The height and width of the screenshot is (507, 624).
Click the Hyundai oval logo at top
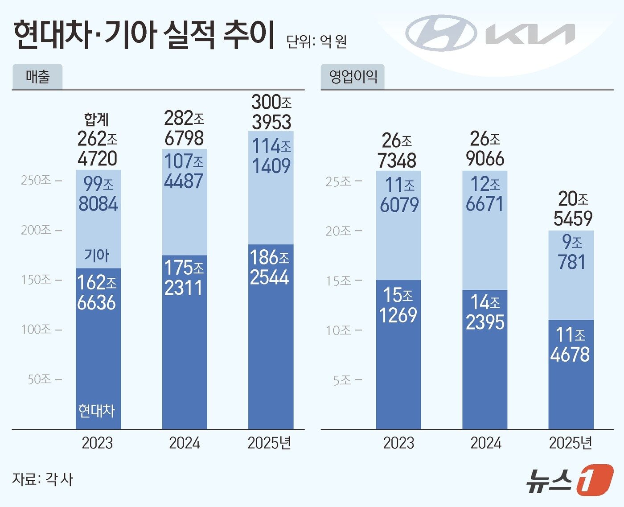(440, 33)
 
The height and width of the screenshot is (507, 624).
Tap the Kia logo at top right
(530, 34)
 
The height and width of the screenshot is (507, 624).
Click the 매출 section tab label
(37, 77)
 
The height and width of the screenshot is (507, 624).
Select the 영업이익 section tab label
(353, 77)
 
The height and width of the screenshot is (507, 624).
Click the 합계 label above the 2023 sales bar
(97, 119)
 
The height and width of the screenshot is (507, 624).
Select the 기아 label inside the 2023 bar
(97, 256)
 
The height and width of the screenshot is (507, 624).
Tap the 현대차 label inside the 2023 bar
(97, 410)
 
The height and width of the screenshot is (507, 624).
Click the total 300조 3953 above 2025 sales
(271, 112)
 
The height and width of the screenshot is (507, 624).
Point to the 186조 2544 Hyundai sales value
(270, 267)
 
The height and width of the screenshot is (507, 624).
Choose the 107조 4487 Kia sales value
(184, 171)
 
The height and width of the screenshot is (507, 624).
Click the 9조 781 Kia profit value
(571, 252)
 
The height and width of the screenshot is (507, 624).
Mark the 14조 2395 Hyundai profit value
(485, 312)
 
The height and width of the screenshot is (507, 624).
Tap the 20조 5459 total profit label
(573, 208)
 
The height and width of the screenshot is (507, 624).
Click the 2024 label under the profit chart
(486, 443)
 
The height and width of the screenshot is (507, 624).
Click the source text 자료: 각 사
(42, 479)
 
